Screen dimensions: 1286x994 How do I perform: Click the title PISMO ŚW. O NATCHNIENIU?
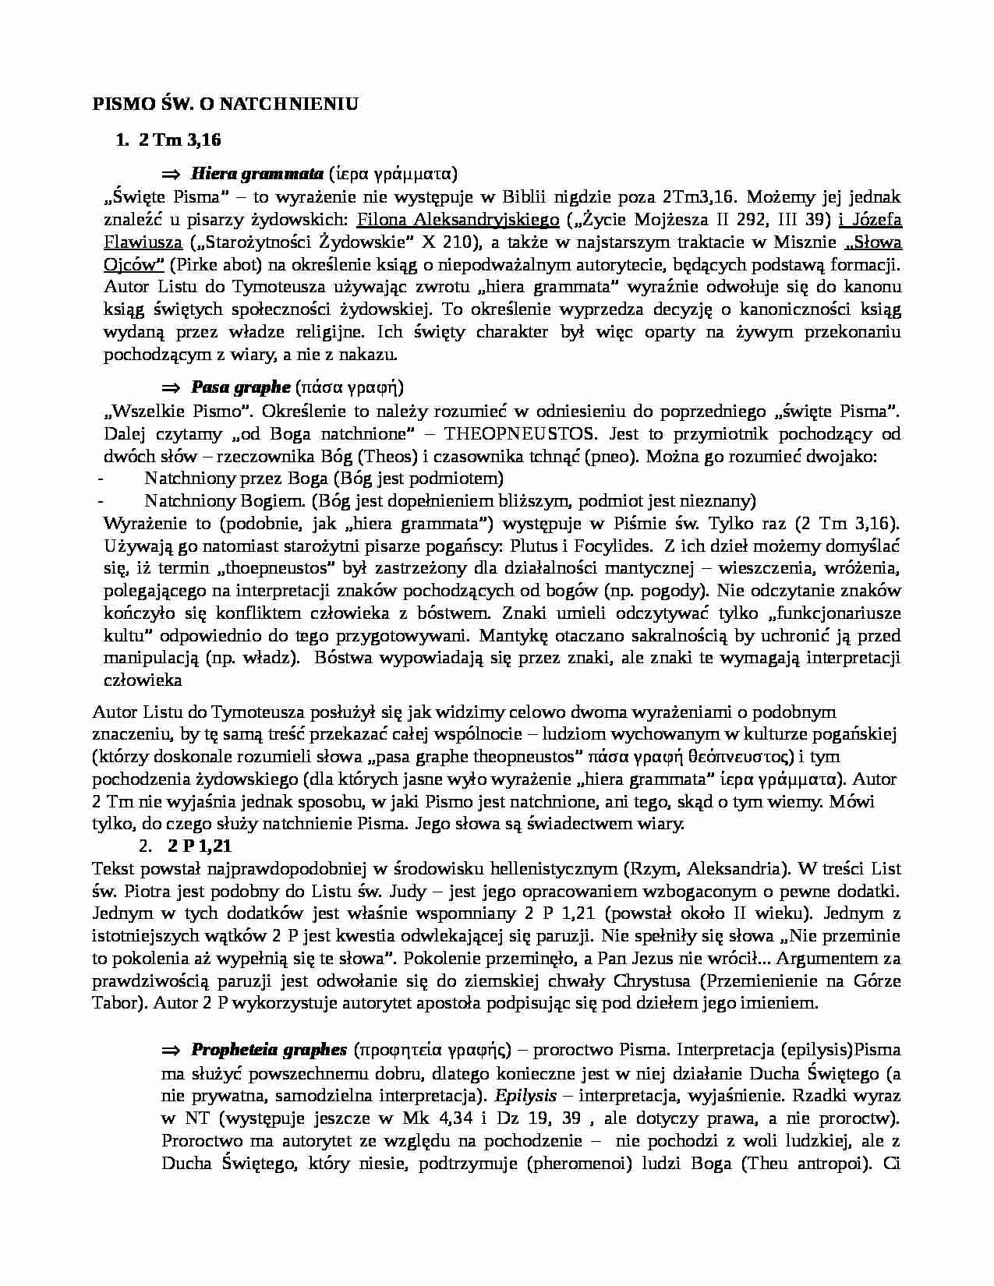[x=225, y=104]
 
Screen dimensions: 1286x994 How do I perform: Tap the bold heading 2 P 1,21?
[x=200, y=846]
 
